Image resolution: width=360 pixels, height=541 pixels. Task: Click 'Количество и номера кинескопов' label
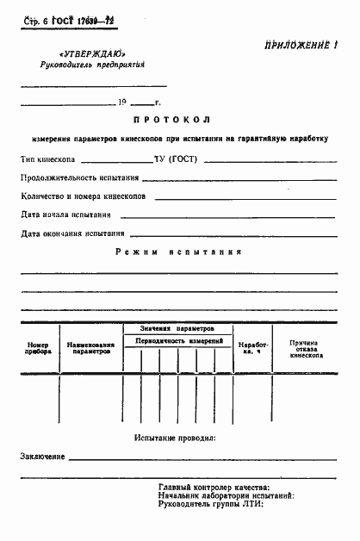pyautogui.click(x=84, y=196)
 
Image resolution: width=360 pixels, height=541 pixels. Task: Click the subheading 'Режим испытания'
pyautogui.click(x=178, y=252)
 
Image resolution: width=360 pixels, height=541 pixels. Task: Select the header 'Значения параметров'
pyautogui.click(x=178, y=328)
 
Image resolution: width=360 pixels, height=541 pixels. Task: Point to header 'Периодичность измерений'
pyautogui.click(x=178, y=342)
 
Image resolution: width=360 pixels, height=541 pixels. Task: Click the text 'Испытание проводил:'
pyautogui.click(x=175, y=438)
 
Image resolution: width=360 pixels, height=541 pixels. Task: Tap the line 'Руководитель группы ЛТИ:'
pyautogui.click(x=211, y=504)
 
